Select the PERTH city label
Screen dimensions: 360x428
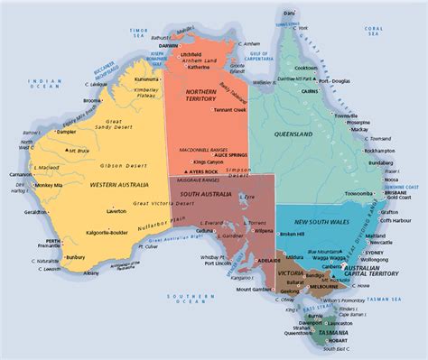(52, 242)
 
